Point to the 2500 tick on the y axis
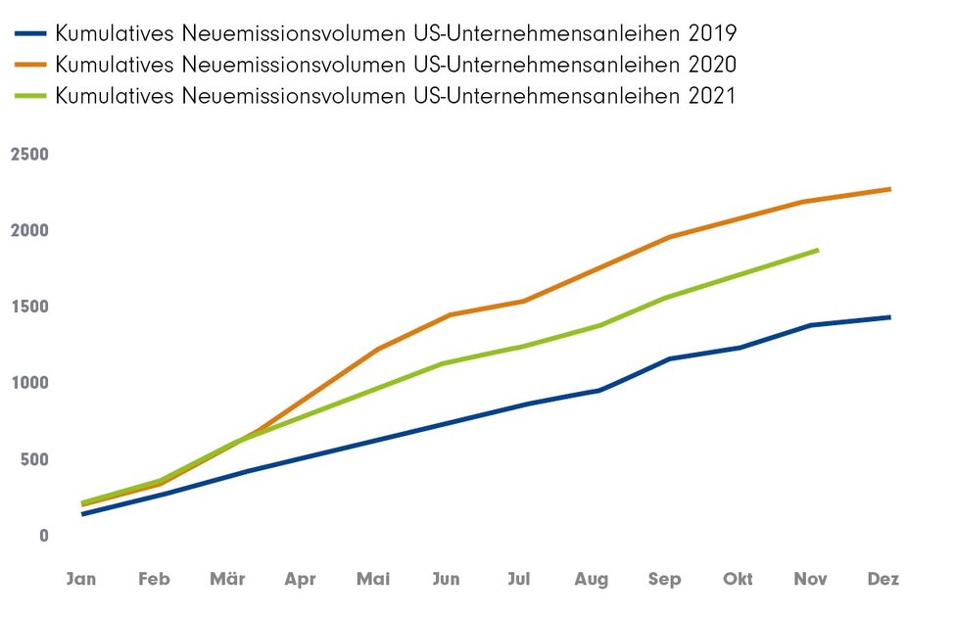point(29,155)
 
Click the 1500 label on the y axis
point(29,307)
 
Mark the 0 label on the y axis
point(43,536)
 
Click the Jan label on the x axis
point(81,579)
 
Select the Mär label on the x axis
point(227,579)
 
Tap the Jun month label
point(446,579)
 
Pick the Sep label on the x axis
point(665,579)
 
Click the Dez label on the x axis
point(883,579)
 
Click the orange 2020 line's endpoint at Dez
point(889,189)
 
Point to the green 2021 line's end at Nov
point(817,251)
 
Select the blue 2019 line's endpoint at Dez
point(889,317)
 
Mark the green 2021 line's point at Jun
point(448,363)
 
